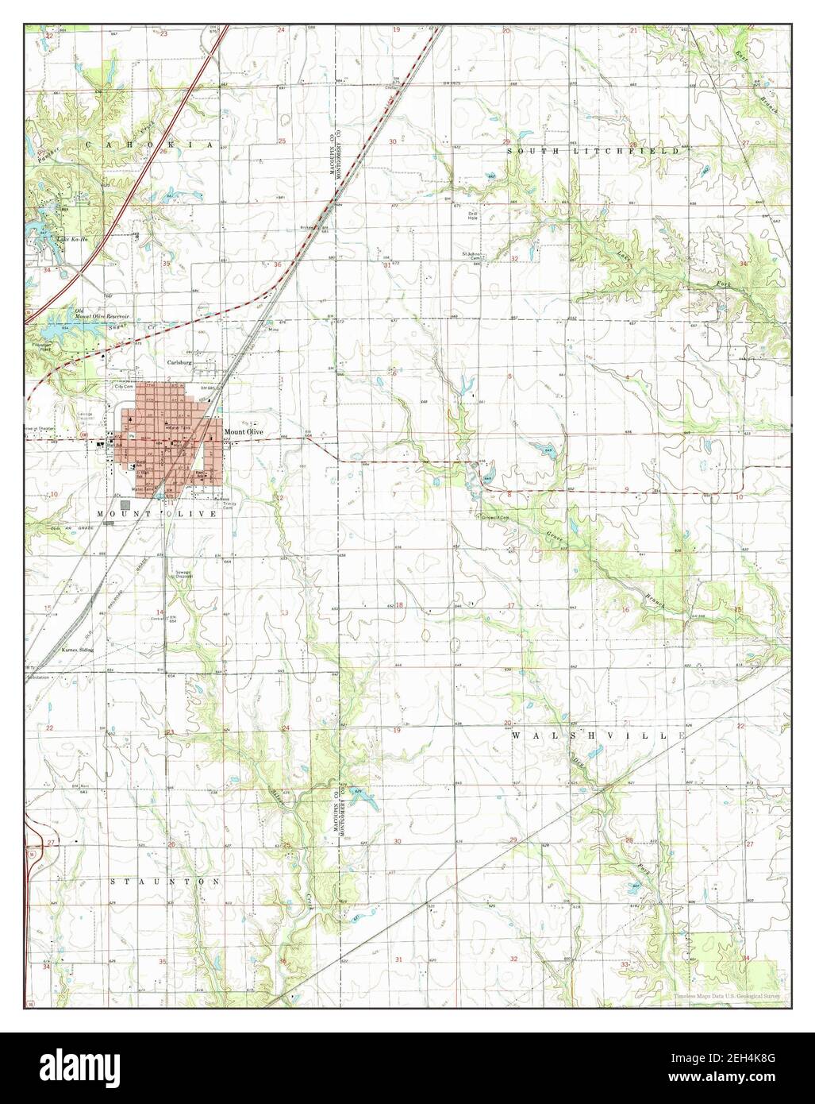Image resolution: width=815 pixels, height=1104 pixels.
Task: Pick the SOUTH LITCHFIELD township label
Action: coord(594,150)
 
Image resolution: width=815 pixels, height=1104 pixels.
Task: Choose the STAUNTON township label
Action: coord(163,882)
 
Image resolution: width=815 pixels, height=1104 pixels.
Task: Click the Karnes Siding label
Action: coord(78,650)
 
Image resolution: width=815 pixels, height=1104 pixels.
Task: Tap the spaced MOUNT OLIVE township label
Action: coord(156,515)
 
